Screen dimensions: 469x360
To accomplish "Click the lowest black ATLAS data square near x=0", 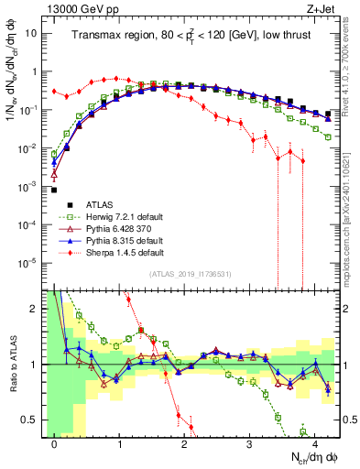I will tap(54, 191).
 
